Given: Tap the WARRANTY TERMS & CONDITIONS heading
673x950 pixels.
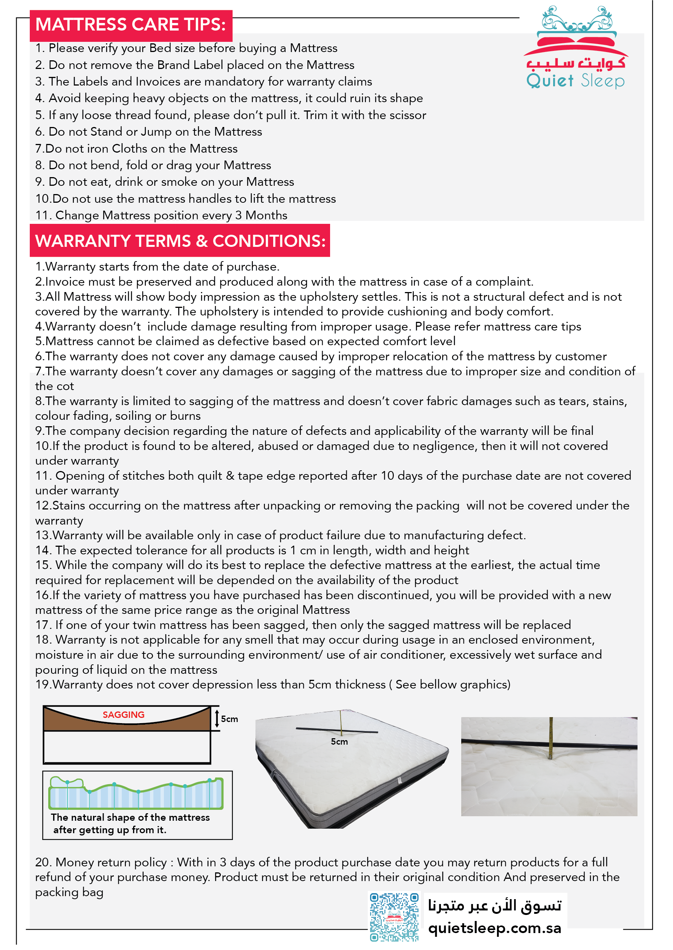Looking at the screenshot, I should (180, 241).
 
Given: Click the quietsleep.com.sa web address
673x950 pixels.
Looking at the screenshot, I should (494, 928).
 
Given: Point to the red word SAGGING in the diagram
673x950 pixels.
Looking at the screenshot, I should (124, 715).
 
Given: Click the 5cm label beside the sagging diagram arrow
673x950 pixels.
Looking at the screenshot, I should (229, 719).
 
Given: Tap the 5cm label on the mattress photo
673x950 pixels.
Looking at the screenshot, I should (339, 742).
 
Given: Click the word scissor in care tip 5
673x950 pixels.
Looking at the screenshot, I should (408, 115).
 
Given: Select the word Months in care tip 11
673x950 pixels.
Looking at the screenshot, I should (266, 216).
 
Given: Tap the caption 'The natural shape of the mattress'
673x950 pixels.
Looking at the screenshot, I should (130, 817).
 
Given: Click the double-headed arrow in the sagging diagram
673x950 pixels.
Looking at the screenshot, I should (217, 718).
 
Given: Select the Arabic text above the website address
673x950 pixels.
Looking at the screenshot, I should (494, 906).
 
